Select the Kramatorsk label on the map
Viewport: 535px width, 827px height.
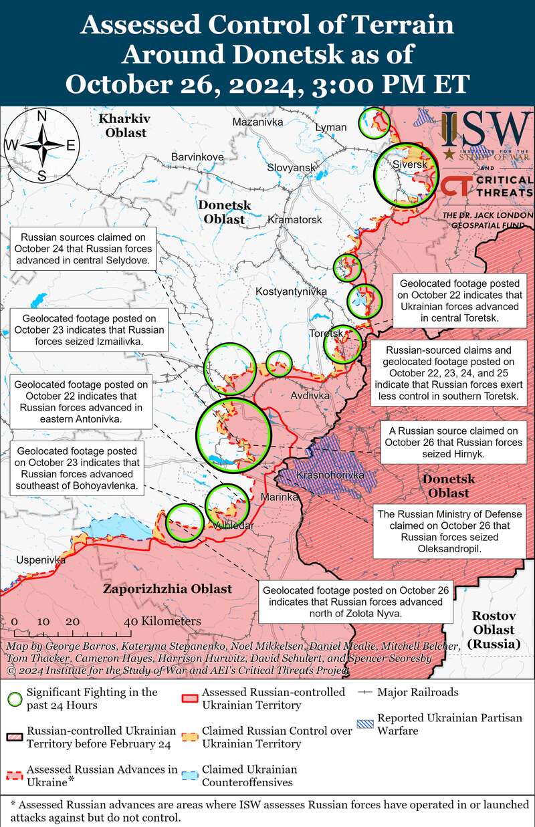pos(294,219)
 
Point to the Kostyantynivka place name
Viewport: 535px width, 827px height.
pos(291,291)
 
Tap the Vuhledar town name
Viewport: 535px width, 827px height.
pos(233,525)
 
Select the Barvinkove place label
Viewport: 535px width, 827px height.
pos(197,156)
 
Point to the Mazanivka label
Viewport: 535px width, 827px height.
pos(257,122)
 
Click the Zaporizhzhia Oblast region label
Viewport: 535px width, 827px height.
pos(167,589)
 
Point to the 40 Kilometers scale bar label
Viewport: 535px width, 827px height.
pos(163,621)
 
